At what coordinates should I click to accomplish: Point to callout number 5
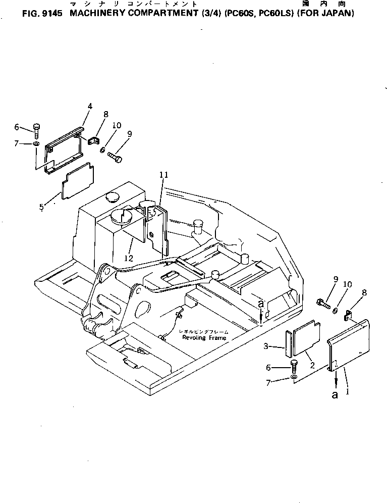42,206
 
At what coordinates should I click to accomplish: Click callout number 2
312,365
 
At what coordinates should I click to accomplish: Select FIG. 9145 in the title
44,14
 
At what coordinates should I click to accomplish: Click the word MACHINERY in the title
95,14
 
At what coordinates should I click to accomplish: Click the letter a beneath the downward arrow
335,395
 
